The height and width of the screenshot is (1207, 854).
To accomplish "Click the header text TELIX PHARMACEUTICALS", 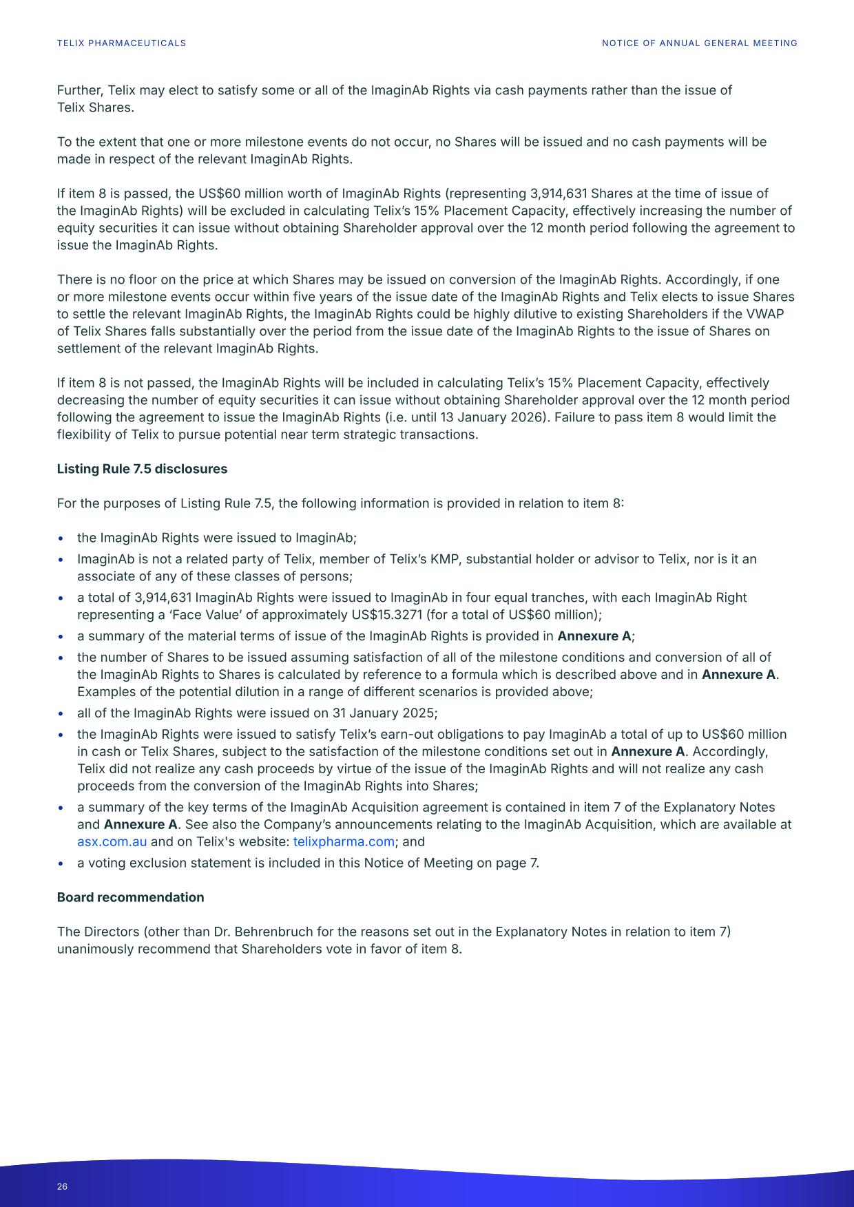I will click(x=121, y=43).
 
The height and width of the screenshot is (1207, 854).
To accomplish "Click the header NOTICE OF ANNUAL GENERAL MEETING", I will click(x=699, y=43).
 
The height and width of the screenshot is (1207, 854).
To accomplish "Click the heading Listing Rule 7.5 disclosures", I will click(x=142, y=469).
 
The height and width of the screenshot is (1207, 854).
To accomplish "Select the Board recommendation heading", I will click(x=130, y=897).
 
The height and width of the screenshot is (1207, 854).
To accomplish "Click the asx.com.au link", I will click(x=112, y=841).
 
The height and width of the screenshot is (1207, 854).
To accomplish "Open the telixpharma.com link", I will click(x=344, y=841).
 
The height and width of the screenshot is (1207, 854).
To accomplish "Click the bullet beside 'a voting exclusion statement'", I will click(x=62, y=863).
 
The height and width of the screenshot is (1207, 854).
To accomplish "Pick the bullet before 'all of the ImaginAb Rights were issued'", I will click(x=62, y=713).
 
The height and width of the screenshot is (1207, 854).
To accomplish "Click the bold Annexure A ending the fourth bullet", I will click(x=594, y=636).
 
